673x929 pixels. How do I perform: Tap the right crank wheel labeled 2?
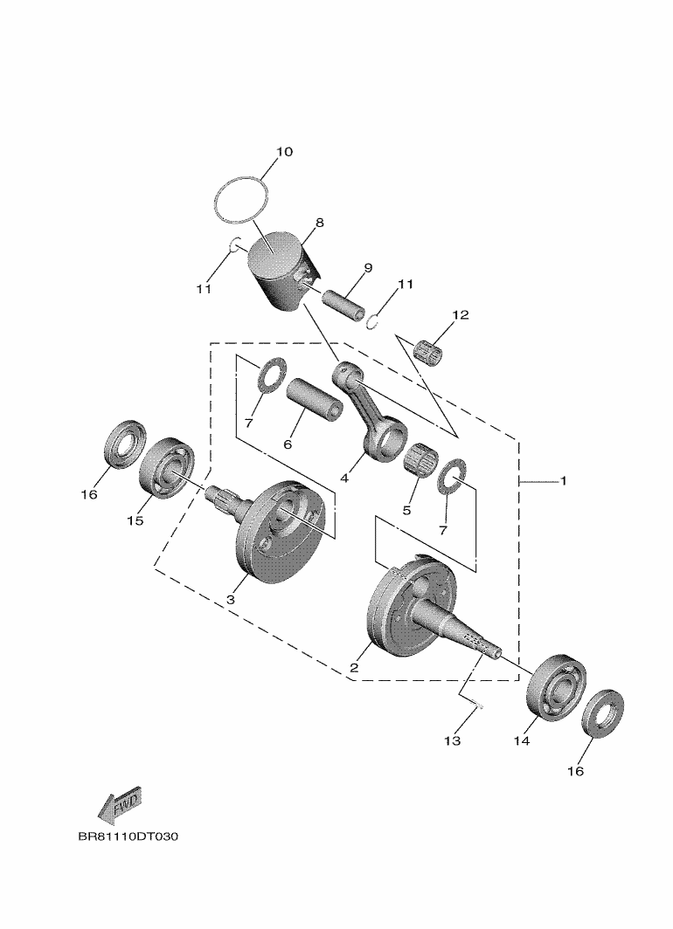(411, 611)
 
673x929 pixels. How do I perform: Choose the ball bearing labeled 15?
(166, 468)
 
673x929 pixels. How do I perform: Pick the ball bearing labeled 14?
(556, 685)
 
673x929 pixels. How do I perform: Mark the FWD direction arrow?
(120, 805)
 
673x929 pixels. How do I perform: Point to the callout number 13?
(451, 741)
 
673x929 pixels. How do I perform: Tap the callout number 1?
(564, 480)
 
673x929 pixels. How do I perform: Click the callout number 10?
(284, 152)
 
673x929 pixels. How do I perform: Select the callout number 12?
(461, 314)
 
